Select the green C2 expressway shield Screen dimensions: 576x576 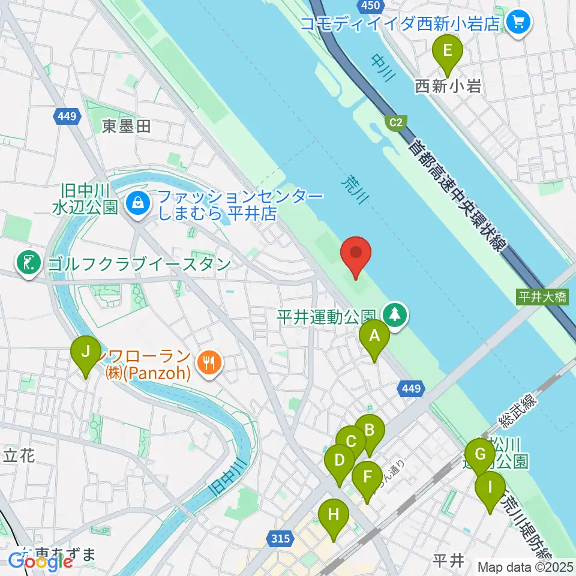point(395,122)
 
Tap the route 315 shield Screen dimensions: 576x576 point(282,539)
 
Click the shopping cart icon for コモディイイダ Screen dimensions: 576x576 point(517,23)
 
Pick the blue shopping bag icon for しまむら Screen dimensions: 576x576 point(139,203)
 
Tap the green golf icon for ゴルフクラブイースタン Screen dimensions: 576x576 point(28,263)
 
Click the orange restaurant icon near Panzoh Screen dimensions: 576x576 point(209,362)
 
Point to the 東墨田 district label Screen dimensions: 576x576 point(126,127)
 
